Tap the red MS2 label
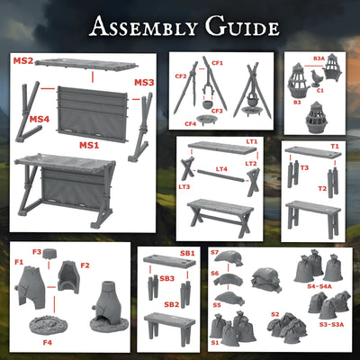pyautogui.click(x=23, y=61)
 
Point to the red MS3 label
pyautogui.click(x=144, y=83)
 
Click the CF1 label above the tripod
pyautogui.click(x=217, y=62)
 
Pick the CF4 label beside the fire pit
pyautogui.click(x=190, y=123)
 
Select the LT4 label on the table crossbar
pyautogui.click(x=221, y=168)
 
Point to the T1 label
pyautogui.click(x=334, y=146)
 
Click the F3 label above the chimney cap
pyautogui.click(x=37, y=252)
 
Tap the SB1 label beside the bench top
pyautogui.click(x=187, y=255)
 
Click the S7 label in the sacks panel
pyautogui.click(x=215, y=254)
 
